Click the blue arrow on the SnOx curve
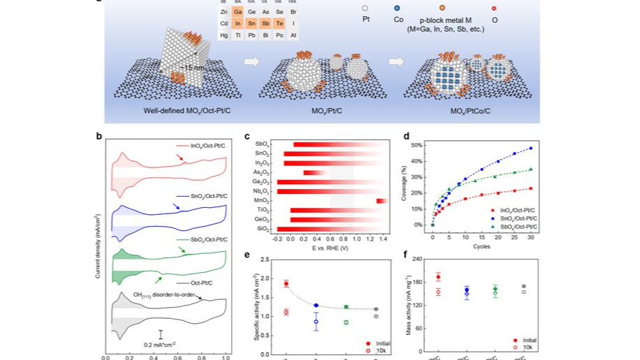point(174,206)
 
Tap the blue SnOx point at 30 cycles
point(531,148)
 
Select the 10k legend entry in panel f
point(528,347)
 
